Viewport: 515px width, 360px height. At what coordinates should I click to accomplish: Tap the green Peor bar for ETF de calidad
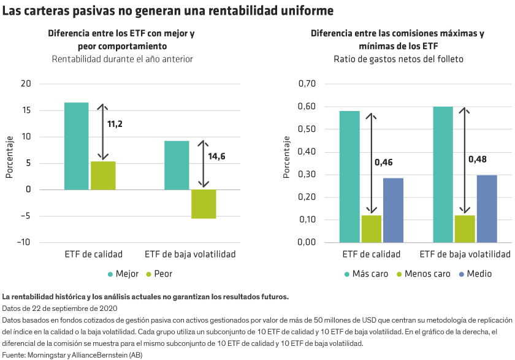point(103,175)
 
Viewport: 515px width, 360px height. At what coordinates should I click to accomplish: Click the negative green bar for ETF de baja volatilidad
point(204,204)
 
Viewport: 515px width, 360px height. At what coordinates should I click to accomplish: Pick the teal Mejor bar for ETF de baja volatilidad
point(177,165)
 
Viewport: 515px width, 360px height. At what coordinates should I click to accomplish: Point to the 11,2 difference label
point(115,124)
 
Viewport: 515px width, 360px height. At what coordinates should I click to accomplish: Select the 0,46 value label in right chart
point(383,163)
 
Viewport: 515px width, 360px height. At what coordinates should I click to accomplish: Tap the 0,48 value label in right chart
point(478,159)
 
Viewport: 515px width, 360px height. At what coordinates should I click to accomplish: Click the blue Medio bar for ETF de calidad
point(393,210)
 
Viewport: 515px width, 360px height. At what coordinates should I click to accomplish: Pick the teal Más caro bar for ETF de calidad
point(349,177)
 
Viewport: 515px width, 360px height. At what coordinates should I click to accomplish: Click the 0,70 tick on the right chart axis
point(307,84)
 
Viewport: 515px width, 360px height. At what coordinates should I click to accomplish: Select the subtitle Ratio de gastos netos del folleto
point(399,59)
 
